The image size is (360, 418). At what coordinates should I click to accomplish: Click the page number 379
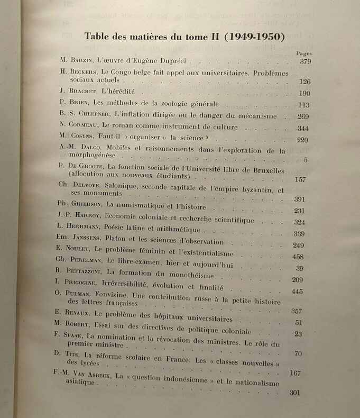click(305, 62)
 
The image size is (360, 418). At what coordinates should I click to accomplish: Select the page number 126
click(304, 81)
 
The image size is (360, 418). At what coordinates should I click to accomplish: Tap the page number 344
click(302, 129)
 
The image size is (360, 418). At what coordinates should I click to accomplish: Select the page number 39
click(299, 268)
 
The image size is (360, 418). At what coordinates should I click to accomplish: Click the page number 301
click(295, 393)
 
